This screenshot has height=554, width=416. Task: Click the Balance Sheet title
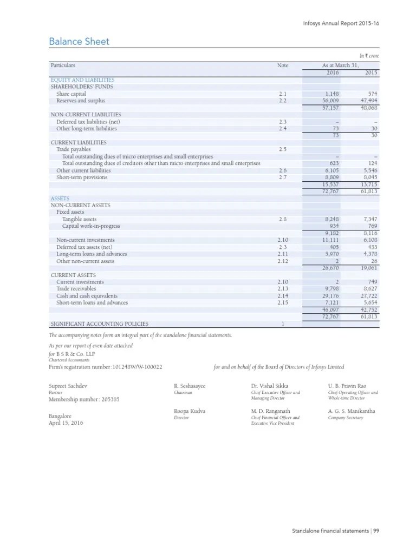point(79,42)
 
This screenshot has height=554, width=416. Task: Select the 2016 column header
point(331,72)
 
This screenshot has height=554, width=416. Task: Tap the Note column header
point(283,65)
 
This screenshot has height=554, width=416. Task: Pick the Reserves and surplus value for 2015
point(368,101)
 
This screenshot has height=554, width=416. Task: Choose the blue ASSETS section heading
point(60,199)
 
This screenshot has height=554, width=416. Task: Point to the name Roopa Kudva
point(190,411)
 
